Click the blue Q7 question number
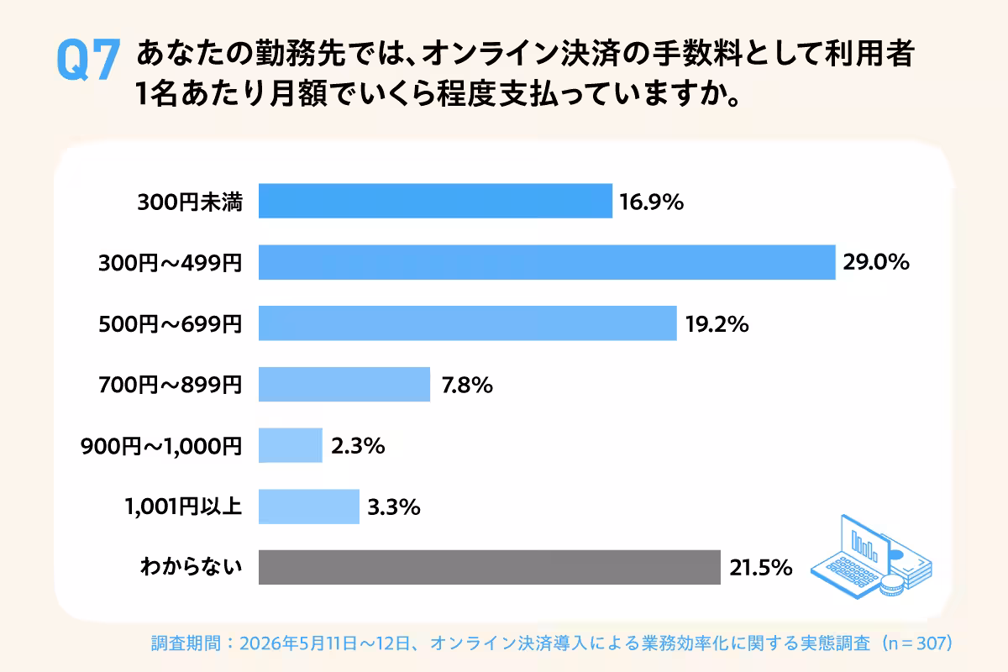(x=89, y=60)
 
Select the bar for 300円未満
(x=435, y=201)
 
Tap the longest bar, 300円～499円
(x=547, y=262)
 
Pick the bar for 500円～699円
(x=468, y=323)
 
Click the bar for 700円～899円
(x=344, y=385)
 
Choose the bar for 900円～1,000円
(x=291, y=445)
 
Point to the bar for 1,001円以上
(x=309, y=507)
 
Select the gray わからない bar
(x=489, y=567)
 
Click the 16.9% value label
(x=652, y=202)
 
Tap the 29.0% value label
(x=876, y=262)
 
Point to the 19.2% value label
(x=717, y=324)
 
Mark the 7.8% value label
(x=467, y=386)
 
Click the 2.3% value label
(x=358, y=446)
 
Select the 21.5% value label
(x=760, y=568)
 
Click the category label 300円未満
(x=190, y=202)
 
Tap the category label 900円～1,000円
(x=161, y=447)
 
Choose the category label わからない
(x=192, y=566)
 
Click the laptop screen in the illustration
(x=865, y=545)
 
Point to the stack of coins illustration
(x=892, y=585)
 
